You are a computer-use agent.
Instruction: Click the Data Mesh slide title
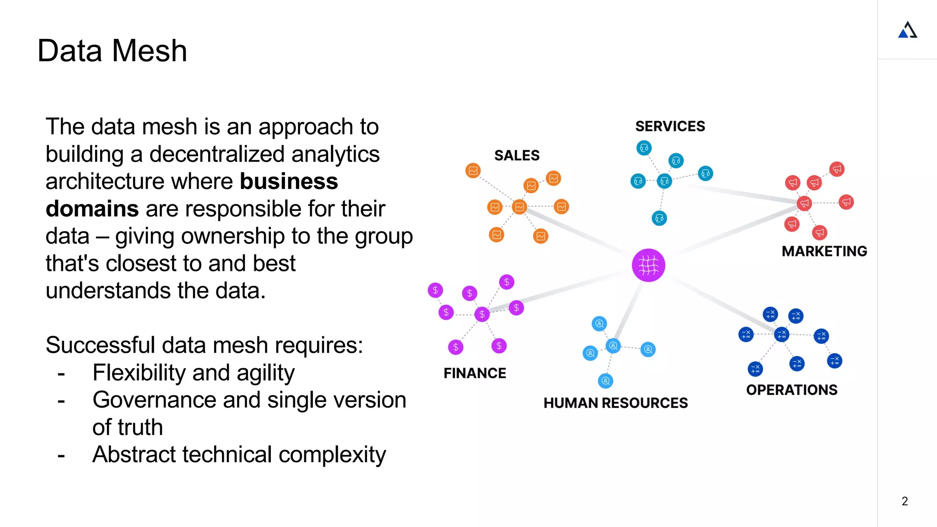[x=112, y=50]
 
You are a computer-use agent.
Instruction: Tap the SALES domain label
[x=517, y=156]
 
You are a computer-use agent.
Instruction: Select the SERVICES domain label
[x=670, y=126]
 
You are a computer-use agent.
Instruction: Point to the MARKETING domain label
[x=824, y=251]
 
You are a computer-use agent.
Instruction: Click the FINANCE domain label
[x=474, y=373]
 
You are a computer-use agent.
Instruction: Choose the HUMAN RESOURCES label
[x=615, y=403]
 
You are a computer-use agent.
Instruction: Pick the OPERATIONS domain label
[x=792, y=390]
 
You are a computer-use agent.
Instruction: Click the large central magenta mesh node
[x=648, y=265]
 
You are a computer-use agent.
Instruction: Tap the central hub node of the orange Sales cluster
[x=519, y=207]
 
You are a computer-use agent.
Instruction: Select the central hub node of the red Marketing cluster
[x=804, y=203]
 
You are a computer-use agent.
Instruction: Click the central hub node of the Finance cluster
[x=482, y=314]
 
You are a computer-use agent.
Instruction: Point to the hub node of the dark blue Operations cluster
[x=781, y=334]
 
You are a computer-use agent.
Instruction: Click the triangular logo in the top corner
[x=908, y=30]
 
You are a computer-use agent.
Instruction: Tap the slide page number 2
[x=905, y=501]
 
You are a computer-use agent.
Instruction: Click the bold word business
[x=289, y=182]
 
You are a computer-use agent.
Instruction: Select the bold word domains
[x=92, y=209]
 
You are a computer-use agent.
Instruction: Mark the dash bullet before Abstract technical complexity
[x=61, y=456]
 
